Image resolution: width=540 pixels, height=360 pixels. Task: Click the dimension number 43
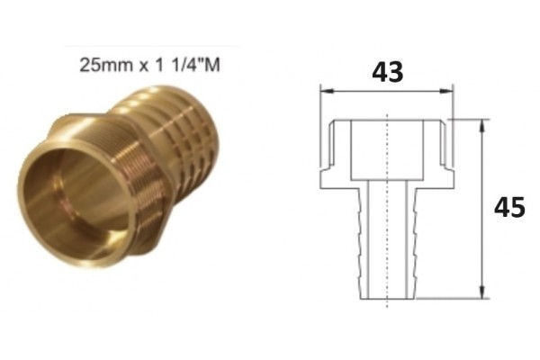pyautogui.click(x=387, y=72)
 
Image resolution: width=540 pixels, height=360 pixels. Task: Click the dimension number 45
pyautogui.click(x=509, y=207)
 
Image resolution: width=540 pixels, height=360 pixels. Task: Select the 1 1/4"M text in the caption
pyautogui.click(x=187, y=65)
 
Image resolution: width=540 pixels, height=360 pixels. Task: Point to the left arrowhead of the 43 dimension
pyautogui.click(x=327, y=91)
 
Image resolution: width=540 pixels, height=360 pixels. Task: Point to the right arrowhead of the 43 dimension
pyautogui.click(x=446, y=91)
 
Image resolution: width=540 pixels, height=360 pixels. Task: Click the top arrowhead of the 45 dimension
pyautogui.click(x=482, y=126)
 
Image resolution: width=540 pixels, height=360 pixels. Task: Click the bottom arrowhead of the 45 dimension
pyautogui.click(x=482, y=292)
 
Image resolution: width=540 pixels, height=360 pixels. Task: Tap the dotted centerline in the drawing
pyautogui.click(x=388, y=210)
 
